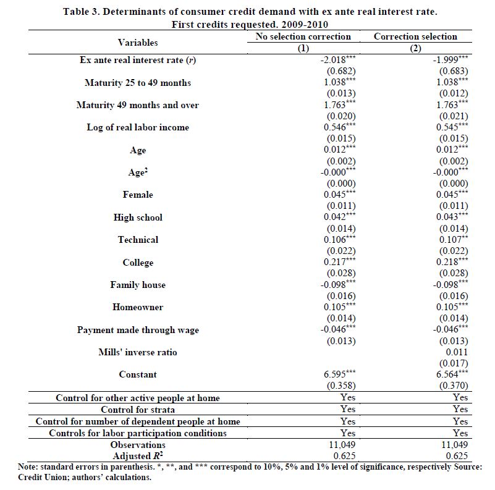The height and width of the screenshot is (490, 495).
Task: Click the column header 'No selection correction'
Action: tap(303, 36)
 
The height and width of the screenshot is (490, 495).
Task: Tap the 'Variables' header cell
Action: tap(138, 43)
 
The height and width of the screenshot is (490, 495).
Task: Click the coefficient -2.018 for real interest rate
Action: tap(336, 61)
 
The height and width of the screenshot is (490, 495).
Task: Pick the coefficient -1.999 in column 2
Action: tap(449, 61)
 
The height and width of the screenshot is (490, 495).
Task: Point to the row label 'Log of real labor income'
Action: tap(138, 127)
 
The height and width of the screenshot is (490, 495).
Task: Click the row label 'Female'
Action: tap(138, 195)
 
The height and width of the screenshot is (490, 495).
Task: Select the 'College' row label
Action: tap(138, 263)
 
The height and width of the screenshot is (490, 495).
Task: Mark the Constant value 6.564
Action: tap(452, 374)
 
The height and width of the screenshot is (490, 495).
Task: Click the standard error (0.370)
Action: tap(454, 386)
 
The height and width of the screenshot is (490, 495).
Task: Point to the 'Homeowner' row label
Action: tap(138, 307)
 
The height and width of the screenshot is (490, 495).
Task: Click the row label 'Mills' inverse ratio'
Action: tap(138, 352)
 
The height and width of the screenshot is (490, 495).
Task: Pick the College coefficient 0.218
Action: tap(452, 263)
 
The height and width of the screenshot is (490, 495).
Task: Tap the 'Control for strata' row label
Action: tap(138, 409)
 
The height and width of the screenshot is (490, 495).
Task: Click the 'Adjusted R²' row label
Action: tap(138, 456)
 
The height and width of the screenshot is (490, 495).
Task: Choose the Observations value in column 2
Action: tap(455, 445)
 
